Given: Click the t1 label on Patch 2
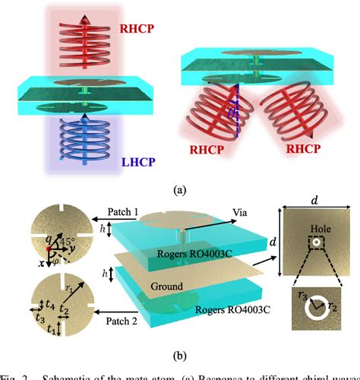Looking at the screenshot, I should coord(51,330).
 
